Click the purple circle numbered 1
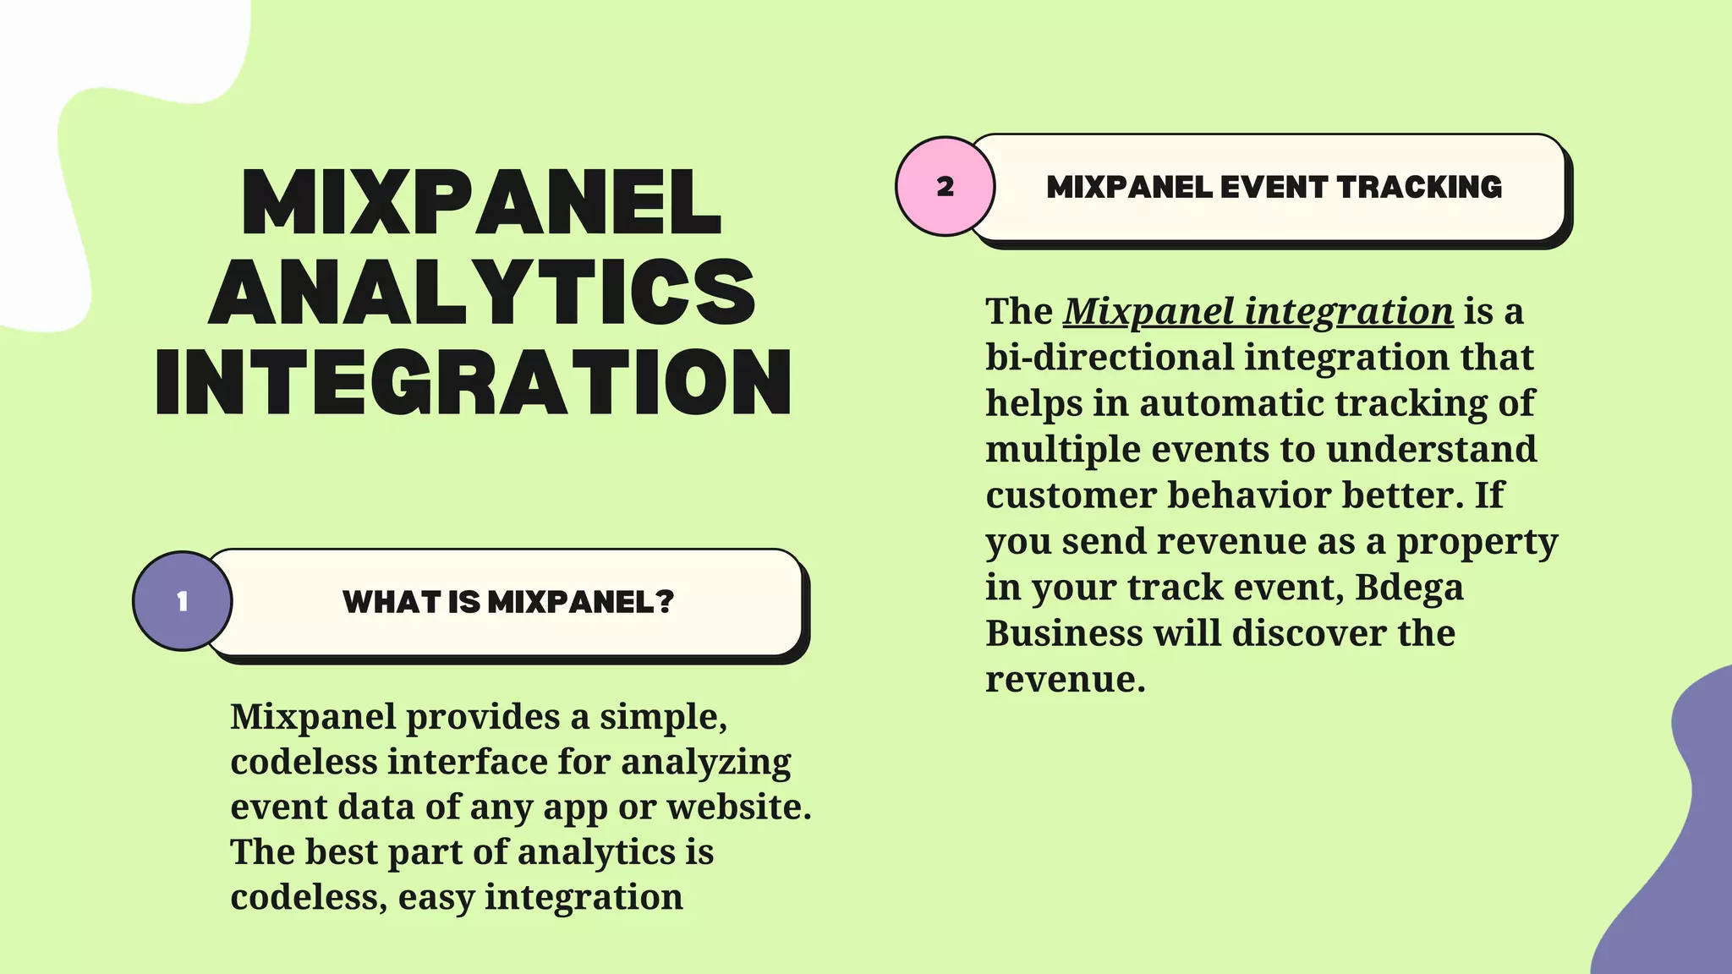(182, 601)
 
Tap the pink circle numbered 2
(945, 186)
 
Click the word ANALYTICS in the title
(482, 292)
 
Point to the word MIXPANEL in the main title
(481, 203)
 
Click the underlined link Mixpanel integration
(1258, 311)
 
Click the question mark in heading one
(665, 602)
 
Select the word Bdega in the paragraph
(1409, 587)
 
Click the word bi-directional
(1110, 357)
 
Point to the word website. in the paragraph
(739, 807)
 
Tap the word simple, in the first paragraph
(663, 716)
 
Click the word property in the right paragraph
(1477, 542)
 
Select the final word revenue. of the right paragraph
(1065, 679)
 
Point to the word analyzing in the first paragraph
(706, 762)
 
